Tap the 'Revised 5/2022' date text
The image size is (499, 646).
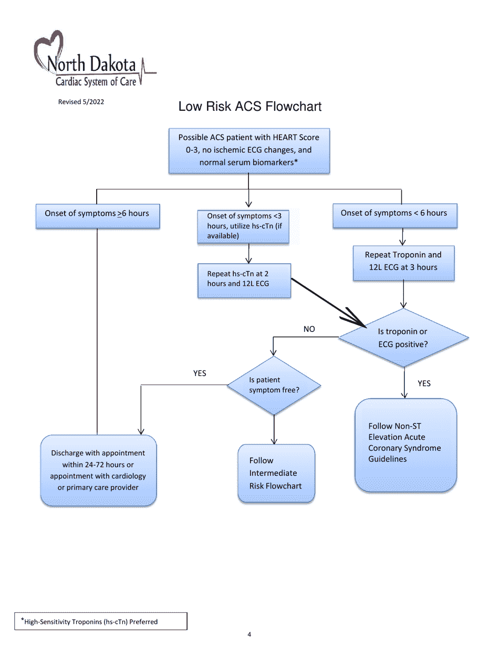click(x=81, y=102)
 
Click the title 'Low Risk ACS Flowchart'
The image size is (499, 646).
click(x=250, y=107)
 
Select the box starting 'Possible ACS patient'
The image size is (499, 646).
click(x=248, y=150)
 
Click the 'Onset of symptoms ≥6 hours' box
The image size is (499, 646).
click(x=97, y=216)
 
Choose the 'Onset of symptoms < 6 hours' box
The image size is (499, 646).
click(x=394, y=215)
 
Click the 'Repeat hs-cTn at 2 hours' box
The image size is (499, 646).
click(x=244, y=279)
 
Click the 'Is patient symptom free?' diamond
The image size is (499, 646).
click(x=274, y=385)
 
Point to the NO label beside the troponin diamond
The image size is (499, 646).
click(x=309, y=329)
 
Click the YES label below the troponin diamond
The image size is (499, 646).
click(x=424, y=383)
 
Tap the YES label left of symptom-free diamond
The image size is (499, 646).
click(x=200, y=373)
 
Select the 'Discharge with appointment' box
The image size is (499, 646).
click(x=98, y=470)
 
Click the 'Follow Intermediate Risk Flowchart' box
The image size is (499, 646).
click(x=276, y=473)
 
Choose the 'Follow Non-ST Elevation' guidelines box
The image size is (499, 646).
click(x=406, y=445)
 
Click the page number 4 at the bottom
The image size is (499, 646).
click(x=249, y=634)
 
